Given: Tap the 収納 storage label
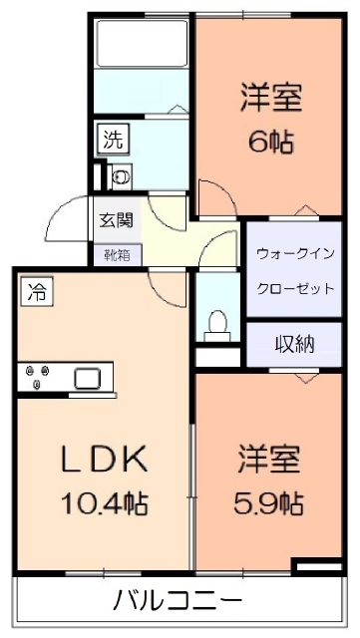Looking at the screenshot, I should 295,345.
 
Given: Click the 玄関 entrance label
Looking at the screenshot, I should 117,220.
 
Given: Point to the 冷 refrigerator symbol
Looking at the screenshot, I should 37,293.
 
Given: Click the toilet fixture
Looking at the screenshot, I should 217,324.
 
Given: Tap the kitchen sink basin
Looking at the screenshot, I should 85,379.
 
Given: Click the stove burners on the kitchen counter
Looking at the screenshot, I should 41,379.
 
